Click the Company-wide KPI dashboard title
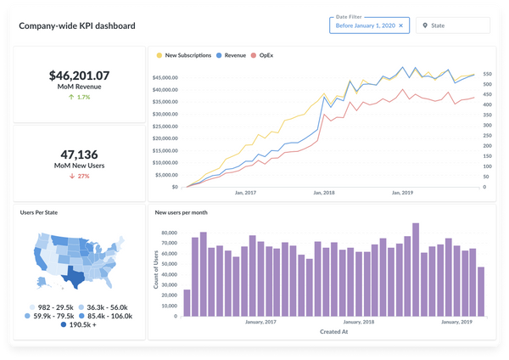(x=77, y=25)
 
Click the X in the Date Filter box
(x=401, y=26)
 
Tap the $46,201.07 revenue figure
(x=79, y=76)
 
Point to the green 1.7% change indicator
(x=79, y=97)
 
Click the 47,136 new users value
(x=79, y=155)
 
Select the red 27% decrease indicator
(x=79, y=176)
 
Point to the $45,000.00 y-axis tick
(x=165, y=78)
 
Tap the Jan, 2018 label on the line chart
(x=324, y=193)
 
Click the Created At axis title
(x=333, y=332)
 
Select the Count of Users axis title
(x=157, y=270)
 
